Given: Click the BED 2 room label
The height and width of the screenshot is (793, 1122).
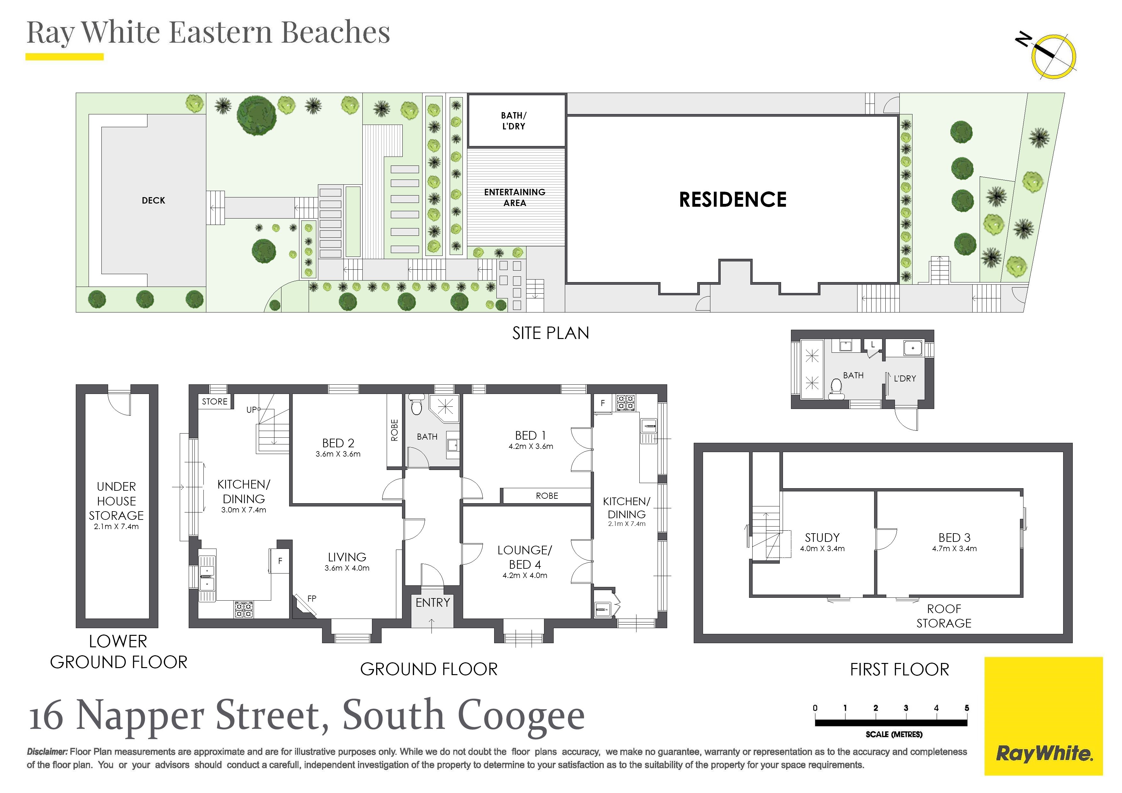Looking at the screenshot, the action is click(338, 443).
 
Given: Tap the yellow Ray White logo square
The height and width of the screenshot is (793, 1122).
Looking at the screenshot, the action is click(1043, 716).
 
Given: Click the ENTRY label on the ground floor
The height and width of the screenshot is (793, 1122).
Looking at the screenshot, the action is click(432, 603).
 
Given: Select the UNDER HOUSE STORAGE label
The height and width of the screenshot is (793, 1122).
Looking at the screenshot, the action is click(116, 501).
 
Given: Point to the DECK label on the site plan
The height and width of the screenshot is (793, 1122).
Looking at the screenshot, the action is click(154, 201).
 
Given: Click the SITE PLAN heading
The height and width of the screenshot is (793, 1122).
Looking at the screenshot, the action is click(551, 333).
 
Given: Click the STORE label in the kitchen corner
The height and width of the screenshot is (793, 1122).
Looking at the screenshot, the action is click(215, 401).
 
